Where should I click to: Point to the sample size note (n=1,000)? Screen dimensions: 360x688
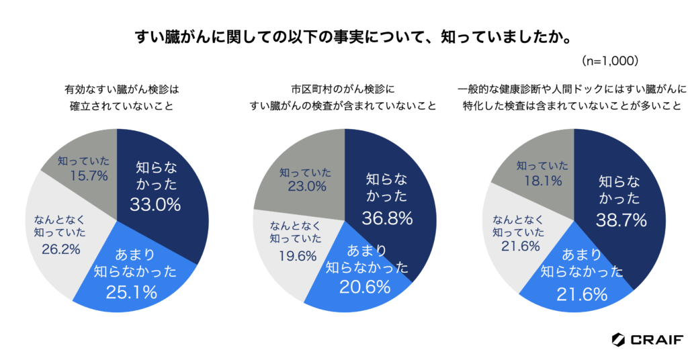coord(609,60)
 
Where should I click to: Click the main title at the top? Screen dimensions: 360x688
coord(343,35)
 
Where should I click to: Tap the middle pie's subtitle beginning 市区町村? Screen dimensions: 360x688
coord(343,97)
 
